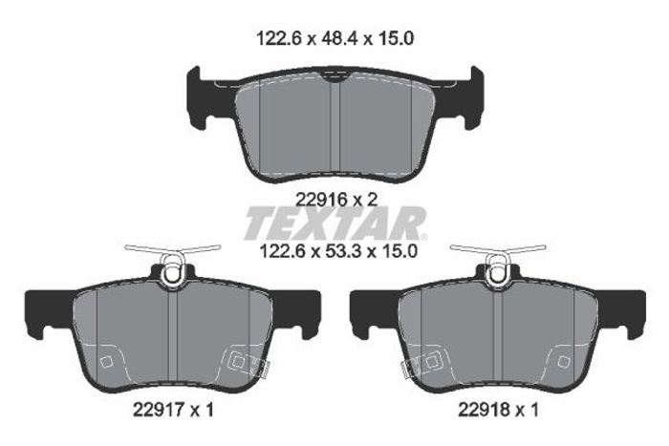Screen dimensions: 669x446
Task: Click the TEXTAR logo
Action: (x=335, y=223)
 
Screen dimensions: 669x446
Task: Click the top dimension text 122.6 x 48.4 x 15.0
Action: (x=334, y=39)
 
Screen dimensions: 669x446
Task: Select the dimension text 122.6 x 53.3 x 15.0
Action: (x=338, y=251)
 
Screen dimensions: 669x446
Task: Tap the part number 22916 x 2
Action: (x=336, y=199)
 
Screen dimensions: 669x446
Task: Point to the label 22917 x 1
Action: (x=173, y=410)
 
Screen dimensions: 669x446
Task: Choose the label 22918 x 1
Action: (x=498, y=410)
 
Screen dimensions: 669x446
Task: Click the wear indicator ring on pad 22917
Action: (x=173, y=272)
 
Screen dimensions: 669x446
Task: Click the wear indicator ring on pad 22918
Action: (x=498, y=272)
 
